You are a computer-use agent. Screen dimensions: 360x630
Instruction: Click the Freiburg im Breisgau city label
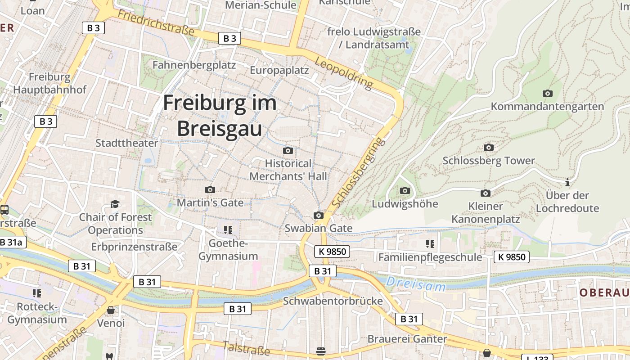220,116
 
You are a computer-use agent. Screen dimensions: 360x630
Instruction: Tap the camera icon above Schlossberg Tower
488,148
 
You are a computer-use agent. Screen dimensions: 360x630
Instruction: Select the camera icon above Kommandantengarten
547,94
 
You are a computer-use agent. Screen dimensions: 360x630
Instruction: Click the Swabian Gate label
318,228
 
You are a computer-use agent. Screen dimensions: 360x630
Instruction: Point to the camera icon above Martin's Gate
210,190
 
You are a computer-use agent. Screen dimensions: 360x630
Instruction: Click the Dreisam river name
416,284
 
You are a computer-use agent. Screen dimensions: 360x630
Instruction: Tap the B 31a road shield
11,243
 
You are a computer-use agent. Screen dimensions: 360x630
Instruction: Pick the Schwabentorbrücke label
333,301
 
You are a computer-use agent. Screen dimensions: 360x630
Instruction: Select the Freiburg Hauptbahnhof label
49,83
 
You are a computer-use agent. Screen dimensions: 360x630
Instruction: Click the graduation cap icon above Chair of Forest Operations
115,204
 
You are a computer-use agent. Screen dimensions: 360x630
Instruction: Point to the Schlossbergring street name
359,173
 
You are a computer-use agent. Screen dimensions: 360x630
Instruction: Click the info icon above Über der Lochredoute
567,183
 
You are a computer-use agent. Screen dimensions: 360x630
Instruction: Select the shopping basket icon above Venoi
111,310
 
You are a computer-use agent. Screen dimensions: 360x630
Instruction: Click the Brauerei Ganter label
407,339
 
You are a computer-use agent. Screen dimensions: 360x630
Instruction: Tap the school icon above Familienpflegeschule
430,244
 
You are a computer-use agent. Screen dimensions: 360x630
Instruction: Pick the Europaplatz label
279,70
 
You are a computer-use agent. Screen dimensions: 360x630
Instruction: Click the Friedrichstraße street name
156,22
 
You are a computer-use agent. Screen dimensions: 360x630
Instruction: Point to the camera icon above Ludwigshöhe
405,191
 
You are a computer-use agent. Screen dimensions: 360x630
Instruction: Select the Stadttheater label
126,143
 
